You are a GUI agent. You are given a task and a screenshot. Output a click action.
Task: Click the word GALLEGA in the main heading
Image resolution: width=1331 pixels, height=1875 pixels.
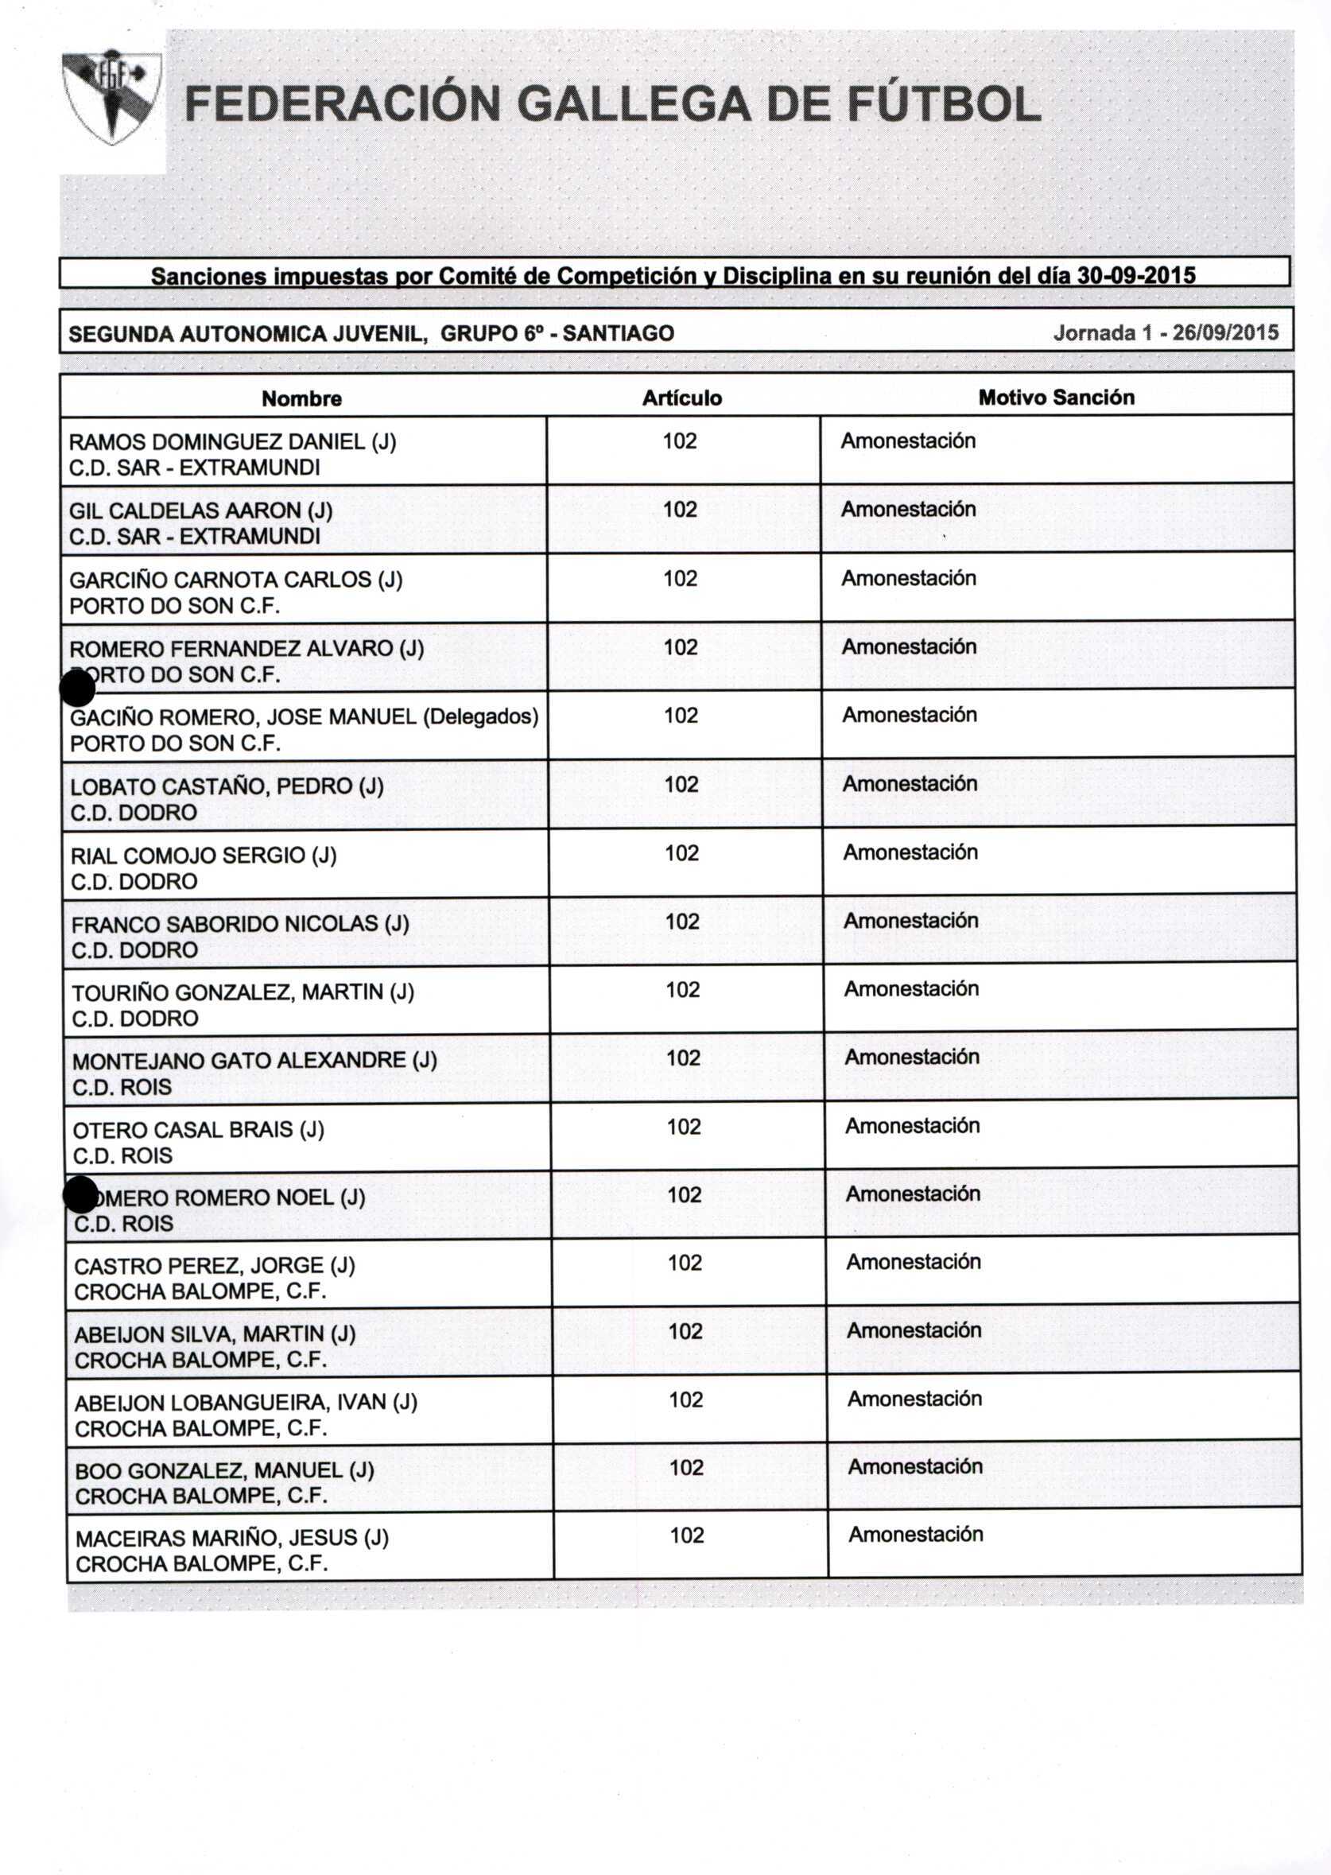tap(633, 104)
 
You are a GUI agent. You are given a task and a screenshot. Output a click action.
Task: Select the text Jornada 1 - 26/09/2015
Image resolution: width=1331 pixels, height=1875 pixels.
tap(1166, 332)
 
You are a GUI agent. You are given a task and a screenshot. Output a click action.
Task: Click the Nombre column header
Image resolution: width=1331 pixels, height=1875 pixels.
tap(301, 398)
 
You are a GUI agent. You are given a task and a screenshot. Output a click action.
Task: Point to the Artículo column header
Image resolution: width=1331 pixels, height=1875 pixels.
tap(682, 398)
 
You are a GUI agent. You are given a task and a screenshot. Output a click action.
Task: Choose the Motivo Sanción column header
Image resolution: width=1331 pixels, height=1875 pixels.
tap(1057, 398)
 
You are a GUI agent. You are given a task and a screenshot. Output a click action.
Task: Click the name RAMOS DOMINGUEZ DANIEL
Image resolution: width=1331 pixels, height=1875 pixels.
tap(217, 443)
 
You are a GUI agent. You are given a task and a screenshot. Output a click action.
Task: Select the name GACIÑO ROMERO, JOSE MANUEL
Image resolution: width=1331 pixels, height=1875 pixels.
tap(243, 718)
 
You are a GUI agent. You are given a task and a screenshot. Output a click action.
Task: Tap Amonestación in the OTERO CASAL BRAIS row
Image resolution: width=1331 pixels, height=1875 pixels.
tap(912, 1126)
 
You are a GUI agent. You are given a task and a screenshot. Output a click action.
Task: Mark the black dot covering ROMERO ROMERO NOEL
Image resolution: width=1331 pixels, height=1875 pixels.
tap(80, 1195)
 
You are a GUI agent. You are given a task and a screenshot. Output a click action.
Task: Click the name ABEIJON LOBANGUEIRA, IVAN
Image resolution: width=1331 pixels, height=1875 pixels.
tap(231, 1402)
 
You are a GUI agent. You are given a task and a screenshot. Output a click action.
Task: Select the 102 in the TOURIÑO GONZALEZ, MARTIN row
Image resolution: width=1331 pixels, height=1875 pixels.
tap(683, 990)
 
